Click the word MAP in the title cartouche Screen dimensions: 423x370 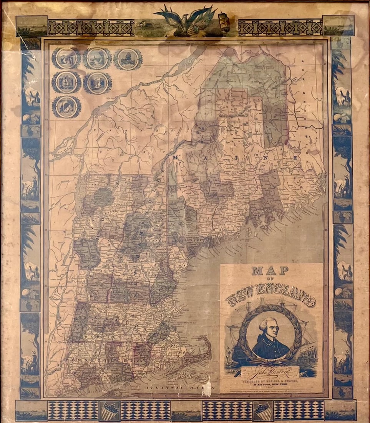(270, 270)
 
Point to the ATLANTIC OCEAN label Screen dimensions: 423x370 (169, 389)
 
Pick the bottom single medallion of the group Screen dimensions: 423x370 (66, 107)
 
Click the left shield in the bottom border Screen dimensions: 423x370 (110, 411)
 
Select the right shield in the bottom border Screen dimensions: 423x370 (264, 411)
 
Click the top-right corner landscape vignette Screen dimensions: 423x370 (338, 25)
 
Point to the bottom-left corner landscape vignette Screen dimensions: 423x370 (32, 410)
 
